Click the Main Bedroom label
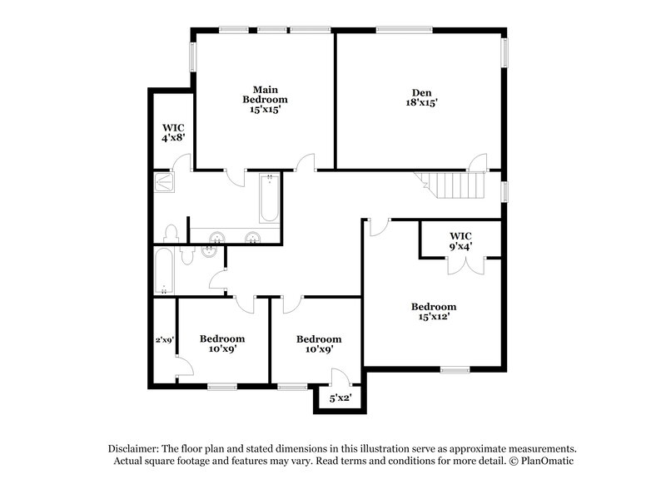[266, 99]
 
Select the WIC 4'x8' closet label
[172, 131]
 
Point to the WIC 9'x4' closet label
[460, 241]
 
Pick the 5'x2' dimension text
[339, 398]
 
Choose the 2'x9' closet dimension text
[164, 339]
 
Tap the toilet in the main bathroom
[171, 233]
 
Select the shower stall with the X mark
[163, 180]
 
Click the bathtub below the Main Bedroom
[269, 199]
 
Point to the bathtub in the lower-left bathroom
[164, 270]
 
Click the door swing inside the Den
[478, 162]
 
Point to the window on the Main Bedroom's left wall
[193, 57]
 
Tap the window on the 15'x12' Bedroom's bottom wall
[455, 368]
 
